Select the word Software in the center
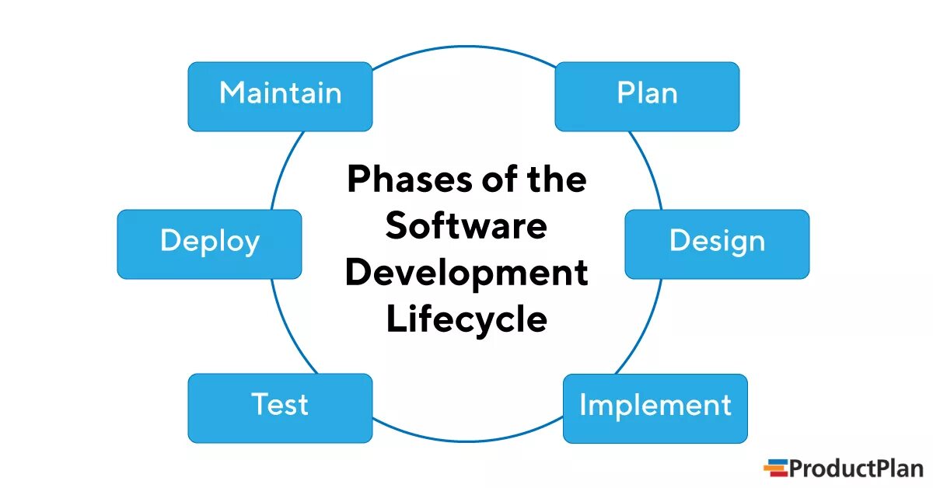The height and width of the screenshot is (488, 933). [x=466, y=227]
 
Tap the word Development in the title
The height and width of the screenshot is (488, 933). [x=466, y=274]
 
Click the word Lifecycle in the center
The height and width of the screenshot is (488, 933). [x=466, y=320]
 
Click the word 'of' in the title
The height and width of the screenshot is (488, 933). [x=491, y=180]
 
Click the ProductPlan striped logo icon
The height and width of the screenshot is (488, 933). [x=775, y=468]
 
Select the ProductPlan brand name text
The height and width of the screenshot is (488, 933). [x=856, y=468]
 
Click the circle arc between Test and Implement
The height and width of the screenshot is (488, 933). [x=466, y=441]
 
